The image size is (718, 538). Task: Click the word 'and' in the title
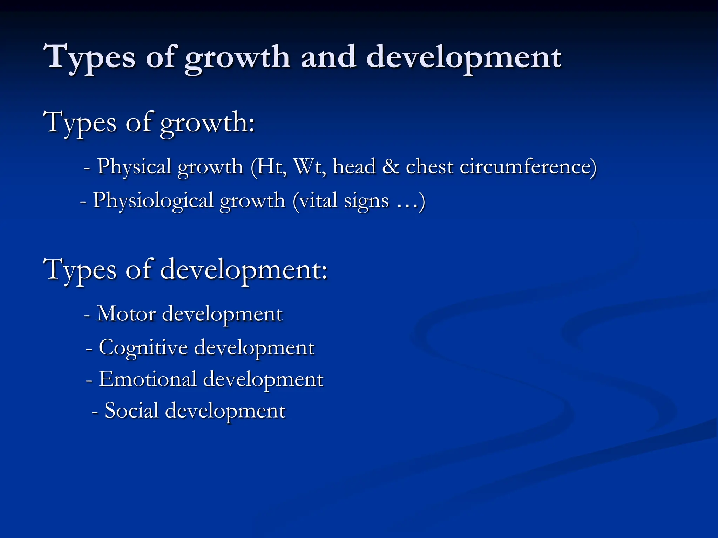(x=328, y=57)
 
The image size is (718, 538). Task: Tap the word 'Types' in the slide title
(x=89, y=57)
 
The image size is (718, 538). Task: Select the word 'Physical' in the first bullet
(x=134, y=166)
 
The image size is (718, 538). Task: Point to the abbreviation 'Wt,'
(x=310, y=166)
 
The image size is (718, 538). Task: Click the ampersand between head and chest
(x=391, y=166)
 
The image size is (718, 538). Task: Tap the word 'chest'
(x=429, y=166)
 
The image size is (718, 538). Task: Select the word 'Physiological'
(x=153, y=201)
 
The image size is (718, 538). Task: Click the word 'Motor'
(x=126, y=313)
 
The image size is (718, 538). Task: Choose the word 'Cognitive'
(x=143, y=348)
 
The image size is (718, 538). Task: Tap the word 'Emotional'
(x=147, y=379)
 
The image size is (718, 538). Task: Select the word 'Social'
(x=131, y=411)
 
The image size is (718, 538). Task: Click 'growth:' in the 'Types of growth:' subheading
(x=207, y=123)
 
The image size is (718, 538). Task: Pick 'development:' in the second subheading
(x=244, y=270)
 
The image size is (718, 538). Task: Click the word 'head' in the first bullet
(x=354, y=166)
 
